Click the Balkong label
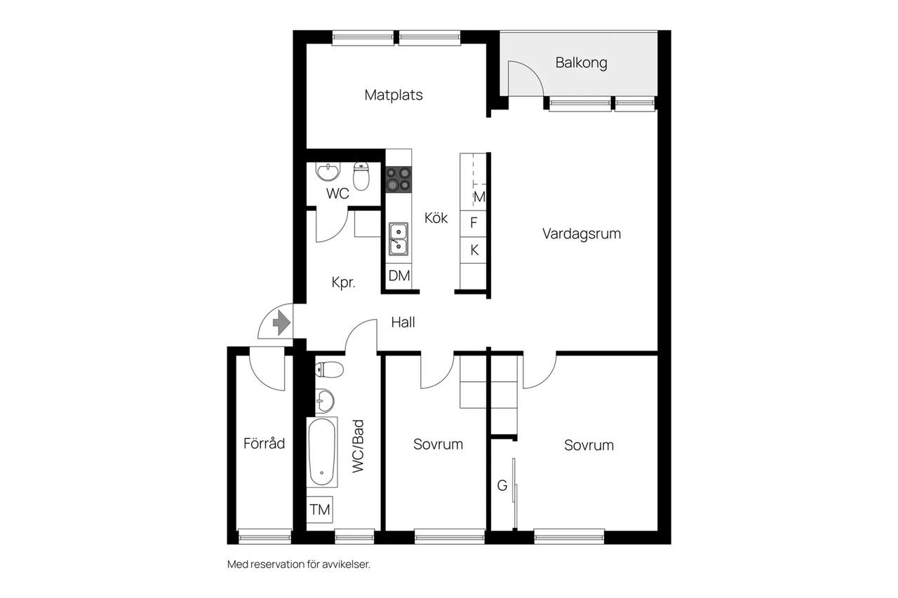(581, 63)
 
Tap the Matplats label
(394, 95)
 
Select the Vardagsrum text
(582, 234)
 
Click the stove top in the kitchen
(398, 179)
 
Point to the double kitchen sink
(398, 239)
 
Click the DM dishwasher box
(399, 276)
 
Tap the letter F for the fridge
(474, 223)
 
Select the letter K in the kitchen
(474, 250)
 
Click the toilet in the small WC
(361, 176)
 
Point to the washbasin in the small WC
(328, 172)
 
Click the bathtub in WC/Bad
(322, 452)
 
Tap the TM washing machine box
(319, 510)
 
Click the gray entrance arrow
(281, 322)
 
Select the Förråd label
(264, 443)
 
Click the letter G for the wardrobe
(502, 485)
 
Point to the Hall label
(403, 322)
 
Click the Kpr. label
(343, 283)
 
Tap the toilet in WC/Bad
(329, 369)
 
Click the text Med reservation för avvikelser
(299, 564)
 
